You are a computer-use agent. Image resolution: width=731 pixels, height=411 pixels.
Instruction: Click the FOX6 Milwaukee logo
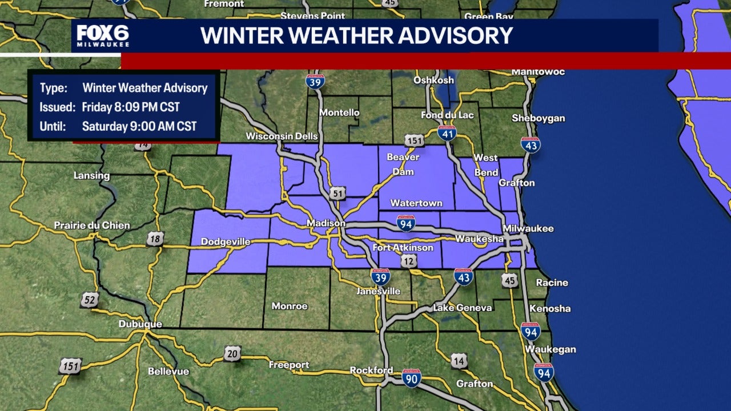point(103,35)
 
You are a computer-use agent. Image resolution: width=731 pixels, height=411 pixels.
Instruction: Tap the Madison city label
point(326,223)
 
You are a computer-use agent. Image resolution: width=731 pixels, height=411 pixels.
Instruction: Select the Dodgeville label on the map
point(226,242)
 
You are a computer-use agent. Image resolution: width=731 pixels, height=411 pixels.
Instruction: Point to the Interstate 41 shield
point(447,133)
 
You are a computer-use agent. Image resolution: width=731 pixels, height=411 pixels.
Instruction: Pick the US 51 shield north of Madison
point(338,194)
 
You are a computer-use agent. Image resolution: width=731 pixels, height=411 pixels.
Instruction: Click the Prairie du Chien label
point(92,225)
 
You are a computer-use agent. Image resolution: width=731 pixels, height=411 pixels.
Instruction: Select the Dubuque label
point(140,324)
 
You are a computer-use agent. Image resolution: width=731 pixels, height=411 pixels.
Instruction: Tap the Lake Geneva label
point(462,308)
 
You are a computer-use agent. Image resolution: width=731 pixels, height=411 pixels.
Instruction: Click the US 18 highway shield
point(155,239)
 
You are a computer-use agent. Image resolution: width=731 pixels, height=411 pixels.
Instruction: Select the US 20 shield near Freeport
point(232,353)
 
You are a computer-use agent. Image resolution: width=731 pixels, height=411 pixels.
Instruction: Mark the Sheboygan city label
point(539,118)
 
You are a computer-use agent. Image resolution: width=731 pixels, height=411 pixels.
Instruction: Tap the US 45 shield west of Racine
point(510,280)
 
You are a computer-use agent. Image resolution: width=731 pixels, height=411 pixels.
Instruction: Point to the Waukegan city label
point(551,349)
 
